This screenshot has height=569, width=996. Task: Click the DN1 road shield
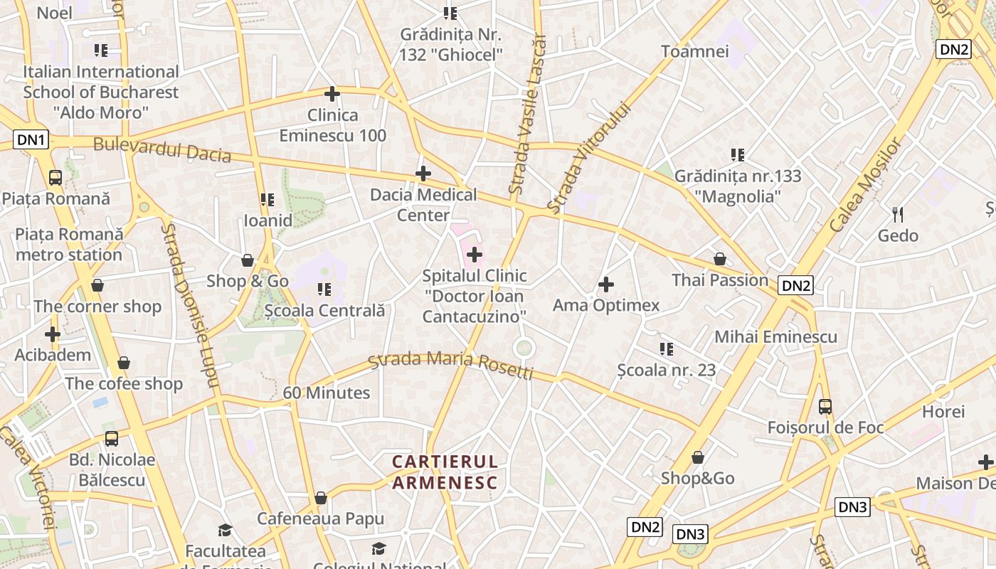point(31,140)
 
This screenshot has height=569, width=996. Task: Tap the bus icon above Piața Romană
point(55,177)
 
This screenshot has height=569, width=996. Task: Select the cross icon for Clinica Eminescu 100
point(332,94)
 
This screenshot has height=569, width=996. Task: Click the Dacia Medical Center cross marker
point(423,174)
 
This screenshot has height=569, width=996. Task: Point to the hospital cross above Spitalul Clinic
point(475,255)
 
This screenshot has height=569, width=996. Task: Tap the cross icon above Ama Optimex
point(606,285)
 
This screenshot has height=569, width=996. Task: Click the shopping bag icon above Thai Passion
point(720,260)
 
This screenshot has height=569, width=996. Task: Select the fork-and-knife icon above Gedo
point(898,214)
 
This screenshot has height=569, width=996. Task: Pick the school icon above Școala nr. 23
point(667,349)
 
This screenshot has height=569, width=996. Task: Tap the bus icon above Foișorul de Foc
point(825,407)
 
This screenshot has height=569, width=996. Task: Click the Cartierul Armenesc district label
point(445,472)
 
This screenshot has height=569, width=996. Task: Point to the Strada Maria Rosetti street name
point(451,365)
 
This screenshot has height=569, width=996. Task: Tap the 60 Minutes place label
point(327,393)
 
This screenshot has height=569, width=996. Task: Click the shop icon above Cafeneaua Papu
point(321,498)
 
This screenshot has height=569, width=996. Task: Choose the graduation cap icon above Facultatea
point(226,530)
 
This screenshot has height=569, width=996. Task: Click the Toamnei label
point(695,51)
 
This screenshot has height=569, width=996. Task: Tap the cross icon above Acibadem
point(53,334)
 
